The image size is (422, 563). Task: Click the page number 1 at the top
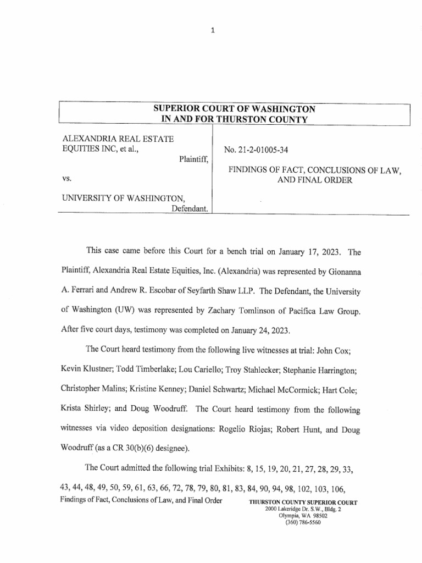tap(212, 31)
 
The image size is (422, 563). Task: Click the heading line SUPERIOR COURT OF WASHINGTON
tap(234, 109)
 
